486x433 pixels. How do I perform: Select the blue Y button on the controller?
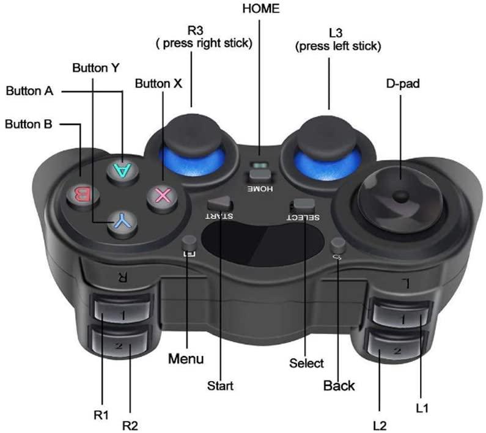click(123, 223)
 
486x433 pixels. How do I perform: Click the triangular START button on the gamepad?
click(219, 203)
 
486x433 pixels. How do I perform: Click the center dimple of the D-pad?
click(400, 196)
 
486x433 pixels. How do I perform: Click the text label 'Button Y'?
click(96, 68)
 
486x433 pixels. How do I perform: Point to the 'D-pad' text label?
click(403, 84)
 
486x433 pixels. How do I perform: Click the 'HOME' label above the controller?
click(261, 9)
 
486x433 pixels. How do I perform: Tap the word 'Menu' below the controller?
click(186, 359)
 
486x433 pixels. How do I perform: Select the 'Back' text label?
click(339, 385)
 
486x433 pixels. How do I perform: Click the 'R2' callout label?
click(130, 426)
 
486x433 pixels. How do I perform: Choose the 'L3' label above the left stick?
click(336, 33)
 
